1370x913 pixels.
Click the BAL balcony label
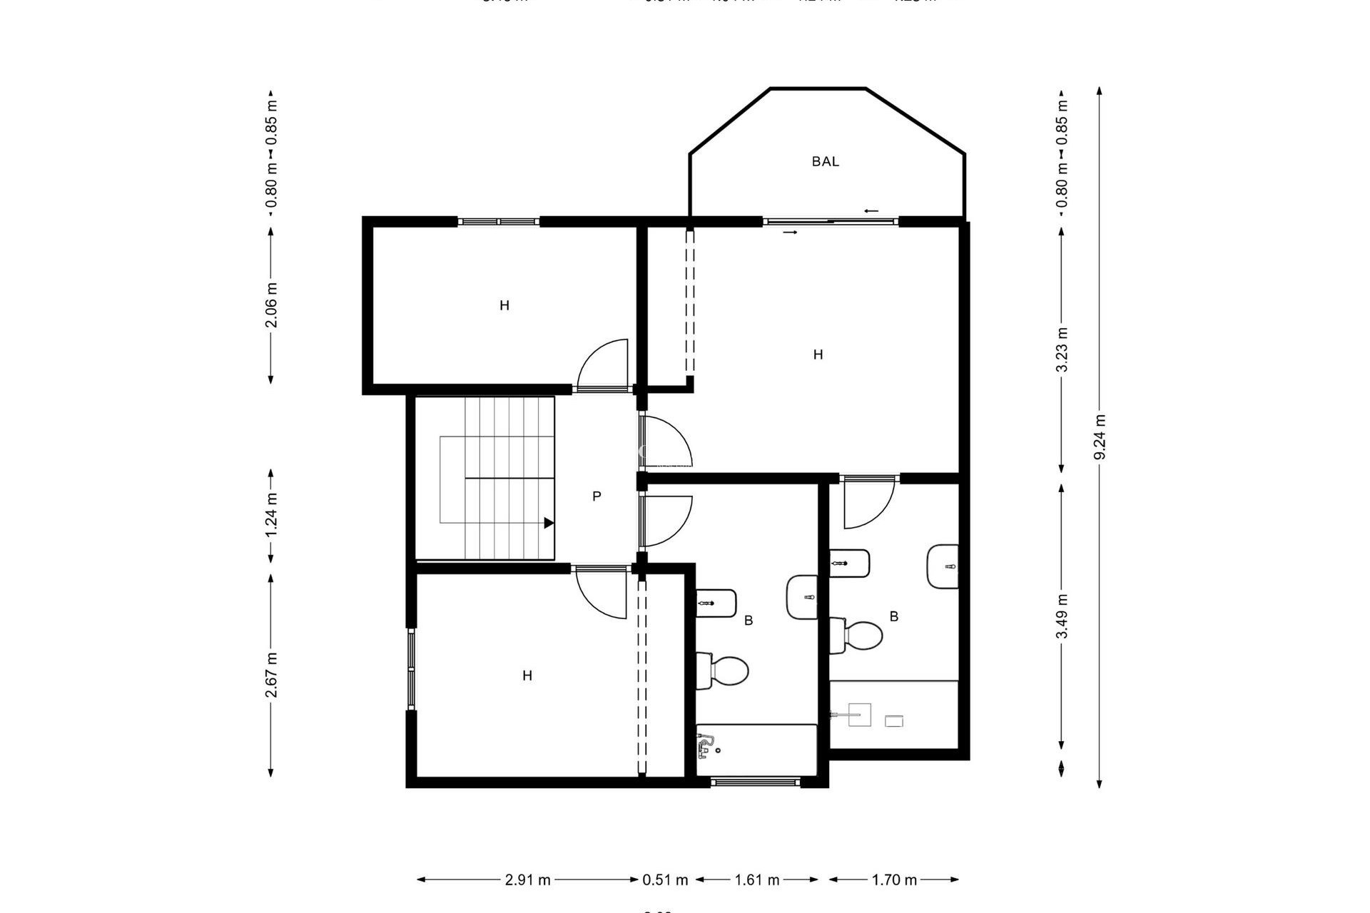825,162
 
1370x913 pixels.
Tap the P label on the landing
597,496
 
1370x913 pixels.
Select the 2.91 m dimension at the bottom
527,879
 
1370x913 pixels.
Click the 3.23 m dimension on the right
1062,350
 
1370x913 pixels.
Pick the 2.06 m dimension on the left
271,305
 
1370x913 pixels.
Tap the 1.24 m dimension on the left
271,515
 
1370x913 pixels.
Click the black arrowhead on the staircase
549,523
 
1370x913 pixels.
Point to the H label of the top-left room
504,306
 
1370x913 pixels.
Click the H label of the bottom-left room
527,675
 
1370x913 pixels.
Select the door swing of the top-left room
603,365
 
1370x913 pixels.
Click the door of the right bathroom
868,503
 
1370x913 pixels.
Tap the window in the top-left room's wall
498,221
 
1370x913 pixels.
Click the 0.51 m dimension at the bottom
665,879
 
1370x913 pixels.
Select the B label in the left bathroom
749,621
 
